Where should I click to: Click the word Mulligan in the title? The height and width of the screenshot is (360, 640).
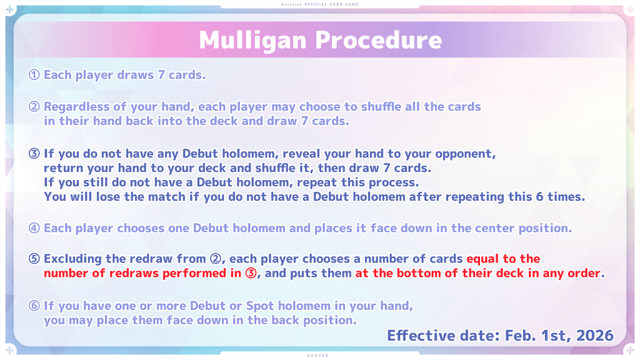pos(252,41)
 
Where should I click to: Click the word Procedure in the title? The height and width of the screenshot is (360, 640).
pos(378,40)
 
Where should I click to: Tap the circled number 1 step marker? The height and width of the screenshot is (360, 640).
pos(34,75)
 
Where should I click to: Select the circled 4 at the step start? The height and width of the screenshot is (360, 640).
pos(34,227)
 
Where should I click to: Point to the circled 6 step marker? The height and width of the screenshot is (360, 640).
pos(34,306)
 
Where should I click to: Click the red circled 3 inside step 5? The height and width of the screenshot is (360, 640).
pos(251,273)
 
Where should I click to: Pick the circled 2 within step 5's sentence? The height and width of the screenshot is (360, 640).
pos(216,259)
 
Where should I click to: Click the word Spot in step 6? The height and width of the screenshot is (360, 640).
pos(259,306)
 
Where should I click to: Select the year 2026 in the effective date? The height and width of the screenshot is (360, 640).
pos(595,336)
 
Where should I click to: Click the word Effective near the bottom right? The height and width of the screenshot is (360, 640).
pos(421,336)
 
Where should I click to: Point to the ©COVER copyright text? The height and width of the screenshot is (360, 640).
pos(317,356)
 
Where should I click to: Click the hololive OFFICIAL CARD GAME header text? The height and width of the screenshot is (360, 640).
pos(320,4)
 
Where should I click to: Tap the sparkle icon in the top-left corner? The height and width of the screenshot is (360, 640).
pos(10,10)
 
